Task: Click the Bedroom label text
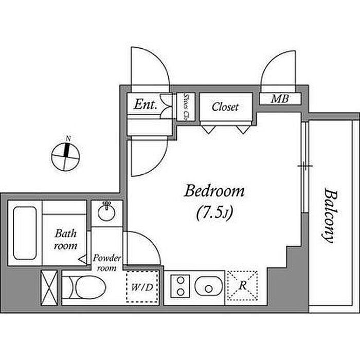click(x=214, y=191)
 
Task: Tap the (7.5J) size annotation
click(x=214, y=213)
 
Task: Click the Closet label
click(x=225, y=107)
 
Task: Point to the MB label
click(x=280, y=99)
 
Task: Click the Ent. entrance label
click(x=146, y=104)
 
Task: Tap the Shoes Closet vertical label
click(x=186, y=107)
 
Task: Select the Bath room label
click(x=66, y=240)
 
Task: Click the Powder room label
click(x=106, y=263)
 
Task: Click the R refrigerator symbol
click(x=242, y=285)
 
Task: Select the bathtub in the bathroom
click(x=25, y=233)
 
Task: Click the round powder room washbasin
click(x=106, y=212)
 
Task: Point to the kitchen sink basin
click(x=209, y=286)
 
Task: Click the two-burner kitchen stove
click(x=181, y=286)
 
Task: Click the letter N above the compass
click(x=68, y=138)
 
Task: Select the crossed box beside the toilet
click(x=49, y=287)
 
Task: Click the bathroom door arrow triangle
click(x=83, y=259)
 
